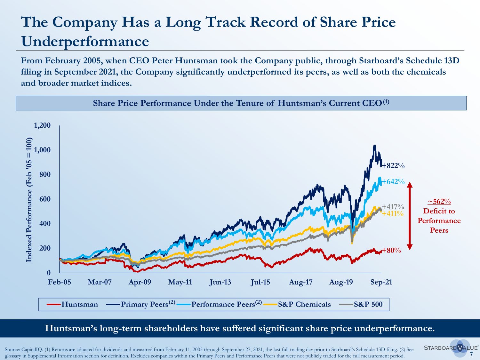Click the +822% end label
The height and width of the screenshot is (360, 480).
pyautogui.click(x=393, y=166)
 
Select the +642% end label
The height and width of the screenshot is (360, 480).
pyautogui.click(x=393, y=182)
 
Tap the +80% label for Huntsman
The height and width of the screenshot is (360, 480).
pyautogui.click(x=391, y=251)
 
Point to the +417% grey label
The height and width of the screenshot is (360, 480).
pyautogui.click(x=393, y=207)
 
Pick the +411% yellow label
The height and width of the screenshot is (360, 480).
pyautogui.click(x=393, y=214)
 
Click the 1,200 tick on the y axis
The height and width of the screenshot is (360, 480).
pyautogui.click(x=42, y=125)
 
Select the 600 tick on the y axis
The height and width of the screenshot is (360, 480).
pyautogui.click(x=45, y=199)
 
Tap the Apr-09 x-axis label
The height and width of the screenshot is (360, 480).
pyautogui.click(x=140, y=282)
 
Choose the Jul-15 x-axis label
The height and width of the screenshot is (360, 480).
pyautogui.click(x=260, y=282)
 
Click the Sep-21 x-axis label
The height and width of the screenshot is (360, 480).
pyautogui.click(x=381, y=282)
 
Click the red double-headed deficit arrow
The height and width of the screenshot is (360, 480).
pyautogui.click(x=410, y=216)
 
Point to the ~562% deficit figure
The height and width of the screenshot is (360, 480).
pyautogui.click(x=439, y=202)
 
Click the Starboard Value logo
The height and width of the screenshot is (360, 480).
pyautogui.click(x=451, y=348)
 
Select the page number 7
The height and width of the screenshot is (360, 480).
pyautogui.click(x=471, y=354)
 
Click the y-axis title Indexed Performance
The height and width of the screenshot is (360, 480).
pyautogui.click(x=29, y=200)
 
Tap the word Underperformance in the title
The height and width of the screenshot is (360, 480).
pyautogui.click(x=85, y=42)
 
